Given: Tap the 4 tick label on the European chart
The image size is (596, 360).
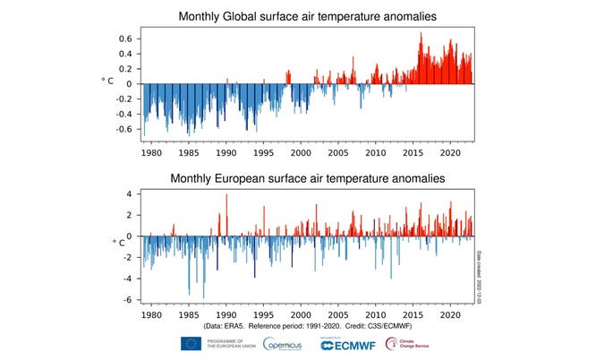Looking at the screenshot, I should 129,193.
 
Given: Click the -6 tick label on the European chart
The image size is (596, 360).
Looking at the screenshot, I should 127,300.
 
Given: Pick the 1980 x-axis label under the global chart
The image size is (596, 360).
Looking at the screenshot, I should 151,153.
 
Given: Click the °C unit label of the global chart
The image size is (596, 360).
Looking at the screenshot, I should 105,81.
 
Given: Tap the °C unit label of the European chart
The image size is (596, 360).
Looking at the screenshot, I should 117,242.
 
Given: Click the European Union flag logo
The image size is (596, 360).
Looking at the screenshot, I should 191,344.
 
